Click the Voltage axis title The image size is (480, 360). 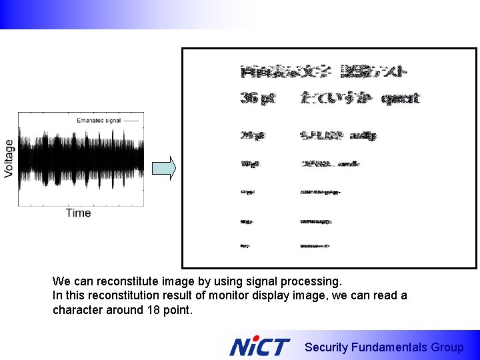click(9, 158)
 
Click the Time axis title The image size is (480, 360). click(78, 213)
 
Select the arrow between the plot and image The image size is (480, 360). click(164, 168)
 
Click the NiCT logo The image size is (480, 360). click(260, 347)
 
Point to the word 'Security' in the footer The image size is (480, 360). click(326, 347)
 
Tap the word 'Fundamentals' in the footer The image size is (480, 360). click(389, 347)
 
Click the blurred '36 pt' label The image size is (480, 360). click(257, 99)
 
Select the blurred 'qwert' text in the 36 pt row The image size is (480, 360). click(400, 99)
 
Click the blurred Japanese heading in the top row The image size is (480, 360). click(324, 71)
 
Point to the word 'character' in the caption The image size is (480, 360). click(77, 309)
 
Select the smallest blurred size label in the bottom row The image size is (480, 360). click(246, 245)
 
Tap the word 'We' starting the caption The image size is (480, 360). click(61, 281)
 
